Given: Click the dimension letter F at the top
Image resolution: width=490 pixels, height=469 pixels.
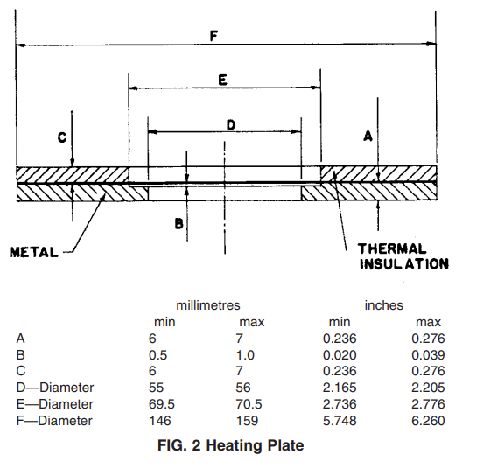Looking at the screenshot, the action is point(213,36).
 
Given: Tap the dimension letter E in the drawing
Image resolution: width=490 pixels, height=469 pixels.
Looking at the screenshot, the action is point(222,80).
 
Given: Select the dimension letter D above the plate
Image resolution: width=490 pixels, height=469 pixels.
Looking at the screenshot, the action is point(231,125).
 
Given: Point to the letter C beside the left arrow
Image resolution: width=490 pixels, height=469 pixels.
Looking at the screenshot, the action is point(62,137).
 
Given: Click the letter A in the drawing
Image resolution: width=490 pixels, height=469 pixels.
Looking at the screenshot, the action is point(368,136).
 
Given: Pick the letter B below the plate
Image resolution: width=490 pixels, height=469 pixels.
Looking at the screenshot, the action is point(178,224).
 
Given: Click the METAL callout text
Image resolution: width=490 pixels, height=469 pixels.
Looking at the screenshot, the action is point(34,252).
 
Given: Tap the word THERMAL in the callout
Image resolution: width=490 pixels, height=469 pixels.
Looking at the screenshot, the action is point(392,249).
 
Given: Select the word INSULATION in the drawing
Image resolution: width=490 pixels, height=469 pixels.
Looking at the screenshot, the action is point(404,264).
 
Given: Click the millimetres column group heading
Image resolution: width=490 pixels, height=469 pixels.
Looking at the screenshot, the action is point(208,305).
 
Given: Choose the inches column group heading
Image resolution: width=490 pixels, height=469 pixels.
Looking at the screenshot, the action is point(384,305).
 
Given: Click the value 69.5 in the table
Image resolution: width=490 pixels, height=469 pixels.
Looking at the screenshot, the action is point(162,404).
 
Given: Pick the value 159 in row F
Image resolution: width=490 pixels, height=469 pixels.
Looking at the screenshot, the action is point(247,421).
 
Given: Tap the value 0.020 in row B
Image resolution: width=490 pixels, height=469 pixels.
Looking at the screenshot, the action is point(339,355).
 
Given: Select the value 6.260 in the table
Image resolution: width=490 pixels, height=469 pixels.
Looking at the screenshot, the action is point(428,421).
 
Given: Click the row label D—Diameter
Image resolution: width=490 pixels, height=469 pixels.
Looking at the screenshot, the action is point(55,388).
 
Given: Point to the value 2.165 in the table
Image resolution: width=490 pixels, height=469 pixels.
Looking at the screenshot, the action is point(339,388).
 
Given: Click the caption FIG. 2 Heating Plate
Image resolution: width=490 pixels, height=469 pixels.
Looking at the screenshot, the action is point(231,445).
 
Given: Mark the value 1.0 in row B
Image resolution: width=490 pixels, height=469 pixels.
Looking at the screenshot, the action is point(245,355).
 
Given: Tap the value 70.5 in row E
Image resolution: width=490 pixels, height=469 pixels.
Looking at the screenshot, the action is point(248,404).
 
